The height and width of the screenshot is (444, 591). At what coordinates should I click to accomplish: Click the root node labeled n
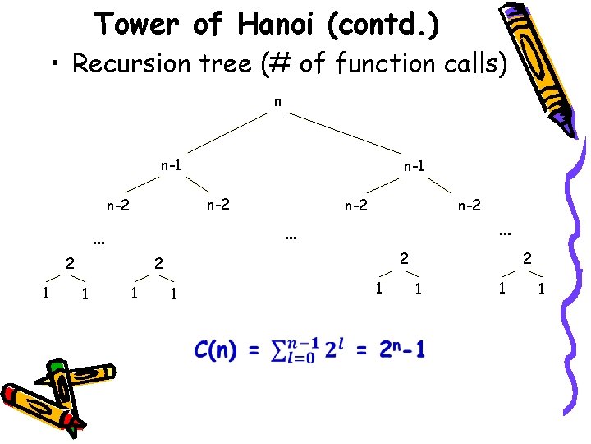click(x=278, y=103)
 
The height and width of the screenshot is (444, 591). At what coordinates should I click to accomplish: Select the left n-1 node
click(x=171, y=164)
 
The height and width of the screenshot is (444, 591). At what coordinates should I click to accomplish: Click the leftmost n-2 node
click(x=118, y=205)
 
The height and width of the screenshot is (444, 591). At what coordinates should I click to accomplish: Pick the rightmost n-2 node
click(x=470, y=205)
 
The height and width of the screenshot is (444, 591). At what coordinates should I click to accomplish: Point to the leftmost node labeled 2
click(x=70, y=264)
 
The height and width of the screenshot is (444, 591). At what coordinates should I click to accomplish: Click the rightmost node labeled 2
click(x=528, y=258)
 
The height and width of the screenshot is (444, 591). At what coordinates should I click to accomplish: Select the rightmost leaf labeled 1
click(x=542, y=288)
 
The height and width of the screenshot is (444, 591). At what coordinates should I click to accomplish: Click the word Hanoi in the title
click(x=274, y=24)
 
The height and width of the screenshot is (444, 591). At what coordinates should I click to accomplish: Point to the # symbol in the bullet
click(x=276, y=63)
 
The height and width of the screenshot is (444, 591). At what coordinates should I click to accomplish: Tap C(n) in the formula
click(x=215, y=351)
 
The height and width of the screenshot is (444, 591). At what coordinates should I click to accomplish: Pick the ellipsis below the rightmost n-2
click(x=505, y=234)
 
